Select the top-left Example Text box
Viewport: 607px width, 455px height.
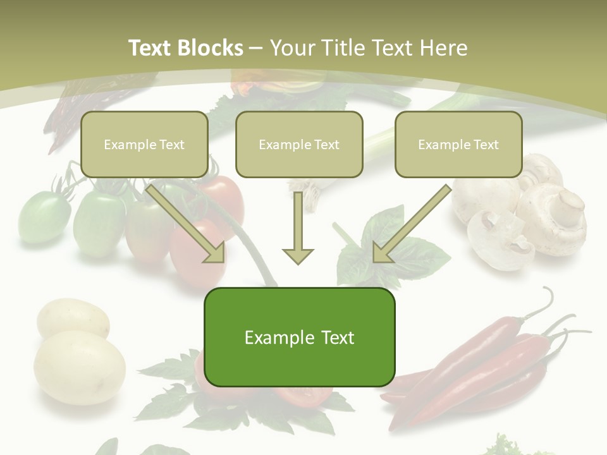[x=144, y=144]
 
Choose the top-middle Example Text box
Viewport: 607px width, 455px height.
[x=299, y=144]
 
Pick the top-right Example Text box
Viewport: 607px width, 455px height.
[x=458, y=144]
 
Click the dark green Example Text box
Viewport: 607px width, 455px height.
[x=299, y=337]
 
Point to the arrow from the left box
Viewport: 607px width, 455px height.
[x=187, y=222]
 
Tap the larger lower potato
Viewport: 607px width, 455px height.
[x=79, y=367]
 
